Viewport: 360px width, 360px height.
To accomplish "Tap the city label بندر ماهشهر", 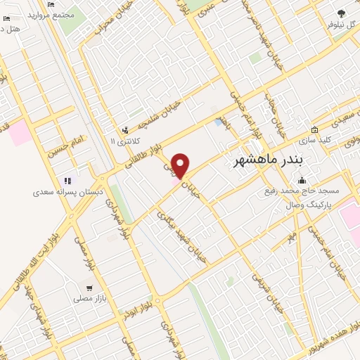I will point(268,160).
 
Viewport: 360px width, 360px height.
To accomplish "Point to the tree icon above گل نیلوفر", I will point(341,13).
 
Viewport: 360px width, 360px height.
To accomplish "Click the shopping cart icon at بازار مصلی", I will point(89,288).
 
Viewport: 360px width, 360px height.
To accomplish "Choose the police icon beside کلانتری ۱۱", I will point(125,130).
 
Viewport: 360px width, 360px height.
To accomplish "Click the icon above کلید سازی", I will point(314,130).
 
